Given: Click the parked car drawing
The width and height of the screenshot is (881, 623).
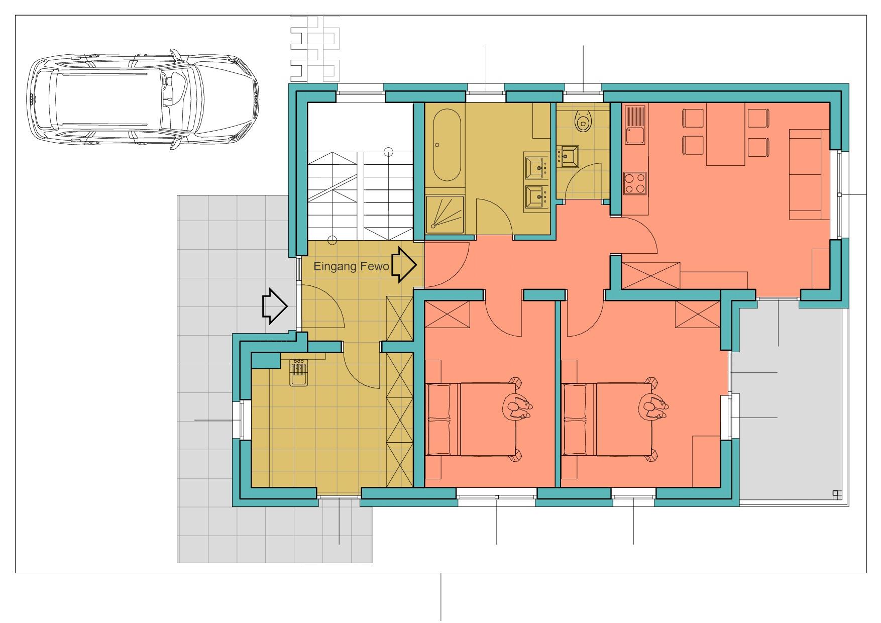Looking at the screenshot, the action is (x=143, y=101).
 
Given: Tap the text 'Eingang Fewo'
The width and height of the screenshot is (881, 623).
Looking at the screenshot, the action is (x=351, y=266).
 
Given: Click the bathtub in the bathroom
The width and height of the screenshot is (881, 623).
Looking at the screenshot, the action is (x=447, y=145).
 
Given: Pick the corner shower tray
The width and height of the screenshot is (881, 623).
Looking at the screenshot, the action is (x=445, y=215).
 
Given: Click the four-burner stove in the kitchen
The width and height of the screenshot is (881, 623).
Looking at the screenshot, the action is (x=635, y=183).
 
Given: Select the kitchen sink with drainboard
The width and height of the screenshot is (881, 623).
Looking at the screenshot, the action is (x=635, y=125).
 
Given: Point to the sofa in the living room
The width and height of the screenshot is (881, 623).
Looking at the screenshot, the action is (x=805, y=174).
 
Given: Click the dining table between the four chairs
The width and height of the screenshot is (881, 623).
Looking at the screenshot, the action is (x=726, y=134).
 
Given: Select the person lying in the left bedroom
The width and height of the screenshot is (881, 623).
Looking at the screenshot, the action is (x=517, y=406).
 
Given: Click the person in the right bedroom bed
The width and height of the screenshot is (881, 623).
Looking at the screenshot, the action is (x=652, y=406).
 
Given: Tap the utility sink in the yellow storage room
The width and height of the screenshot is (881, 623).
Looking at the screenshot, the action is (x=299, y=372).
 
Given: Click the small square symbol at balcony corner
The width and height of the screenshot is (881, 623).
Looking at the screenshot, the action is (x=837, y=494).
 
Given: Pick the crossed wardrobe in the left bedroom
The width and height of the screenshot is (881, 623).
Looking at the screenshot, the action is (x=447, y=314).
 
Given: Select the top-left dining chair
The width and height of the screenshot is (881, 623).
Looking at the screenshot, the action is (x=693, y=118).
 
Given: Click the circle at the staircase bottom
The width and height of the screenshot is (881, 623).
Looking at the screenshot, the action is (x=332, y=240).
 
